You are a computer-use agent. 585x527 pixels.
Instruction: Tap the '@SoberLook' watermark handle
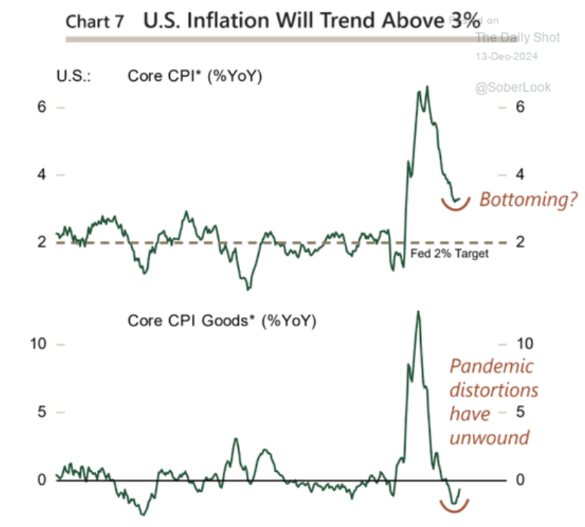[x=512, y=87]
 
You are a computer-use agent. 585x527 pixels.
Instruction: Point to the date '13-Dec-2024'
[x=507, y=56]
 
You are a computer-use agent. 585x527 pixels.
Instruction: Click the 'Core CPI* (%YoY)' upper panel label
[x=195, y=75]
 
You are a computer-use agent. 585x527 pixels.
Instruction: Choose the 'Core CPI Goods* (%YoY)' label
[x=222, y=321]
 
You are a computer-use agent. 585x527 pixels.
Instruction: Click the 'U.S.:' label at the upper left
[x=74, y=75]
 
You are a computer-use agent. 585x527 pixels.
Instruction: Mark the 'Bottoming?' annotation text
[x=528, y=199]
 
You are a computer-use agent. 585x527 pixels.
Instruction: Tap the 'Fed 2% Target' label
[x=448, y=254]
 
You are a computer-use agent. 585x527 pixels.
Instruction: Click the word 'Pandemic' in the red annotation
[x=492, y=366]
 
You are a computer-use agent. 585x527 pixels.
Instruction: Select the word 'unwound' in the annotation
[x=489, y=437]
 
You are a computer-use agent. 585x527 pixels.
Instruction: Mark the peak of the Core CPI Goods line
[x=418, y=311]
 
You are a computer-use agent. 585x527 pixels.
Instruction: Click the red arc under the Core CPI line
[x=455, y=206]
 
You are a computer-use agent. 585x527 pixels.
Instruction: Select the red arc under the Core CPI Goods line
[x=455, y=508]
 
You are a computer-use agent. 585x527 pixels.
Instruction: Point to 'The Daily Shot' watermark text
[x=518, y=37]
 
